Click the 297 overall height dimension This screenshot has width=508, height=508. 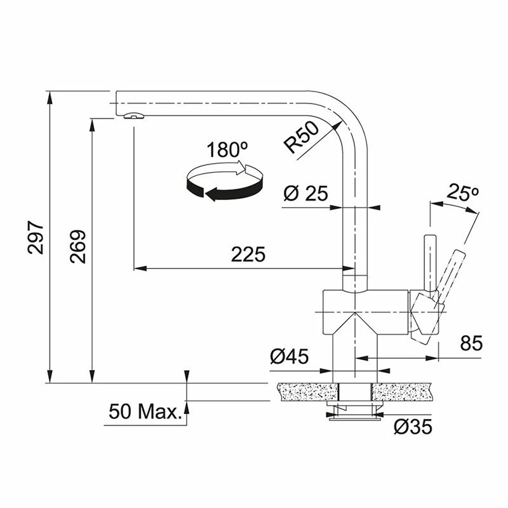[x=36, y=237]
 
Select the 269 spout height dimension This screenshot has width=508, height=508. [x=78, y=246]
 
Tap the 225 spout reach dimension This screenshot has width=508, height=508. [x=248, y=254]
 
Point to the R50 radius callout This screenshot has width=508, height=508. [x=302, y=137]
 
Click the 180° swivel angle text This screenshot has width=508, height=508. [x=227, y=150]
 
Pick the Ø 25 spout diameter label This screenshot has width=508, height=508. [x=305, y=193]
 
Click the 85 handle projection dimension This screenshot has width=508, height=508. [x=471, y=343]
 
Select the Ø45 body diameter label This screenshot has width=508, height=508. [x=290, y=356]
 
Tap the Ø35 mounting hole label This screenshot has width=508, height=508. [x=413, y=426]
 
